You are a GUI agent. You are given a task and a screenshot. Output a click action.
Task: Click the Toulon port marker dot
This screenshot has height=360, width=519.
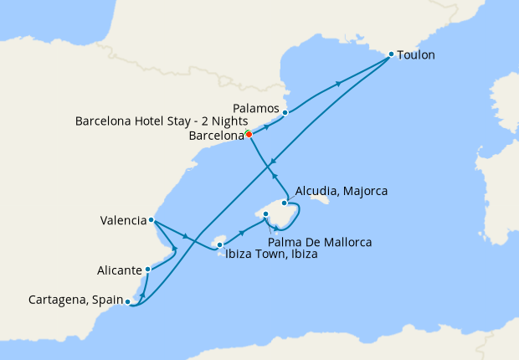391,54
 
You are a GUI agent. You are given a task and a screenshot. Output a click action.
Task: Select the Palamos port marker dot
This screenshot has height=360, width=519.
285,112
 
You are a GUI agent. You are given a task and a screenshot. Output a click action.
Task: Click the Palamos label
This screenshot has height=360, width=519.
256,106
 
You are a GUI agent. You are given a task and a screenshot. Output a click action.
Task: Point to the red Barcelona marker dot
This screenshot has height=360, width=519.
249,134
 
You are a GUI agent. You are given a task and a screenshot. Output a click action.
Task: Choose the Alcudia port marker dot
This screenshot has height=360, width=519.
285,203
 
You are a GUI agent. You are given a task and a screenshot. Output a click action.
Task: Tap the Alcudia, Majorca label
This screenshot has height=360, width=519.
342,192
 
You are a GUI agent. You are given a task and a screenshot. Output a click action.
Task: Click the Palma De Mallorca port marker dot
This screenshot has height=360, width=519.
265,215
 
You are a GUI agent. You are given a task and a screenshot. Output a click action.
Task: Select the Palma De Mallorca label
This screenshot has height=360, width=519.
321,242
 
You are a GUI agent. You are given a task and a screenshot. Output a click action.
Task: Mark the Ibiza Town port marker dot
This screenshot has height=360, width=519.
219,245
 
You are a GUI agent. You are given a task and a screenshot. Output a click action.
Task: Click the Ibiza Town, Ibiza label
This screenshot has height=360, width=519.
271,255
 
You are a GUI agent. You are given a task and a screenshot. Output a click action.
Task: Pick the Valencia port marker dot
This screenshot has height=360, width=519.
151,220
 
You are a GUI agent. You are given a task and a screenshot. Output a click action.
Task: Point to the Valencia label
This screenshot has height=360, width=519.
122,221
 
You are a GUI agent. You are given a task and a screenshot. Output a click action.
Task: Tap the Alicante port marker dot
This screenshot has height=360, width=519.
147,270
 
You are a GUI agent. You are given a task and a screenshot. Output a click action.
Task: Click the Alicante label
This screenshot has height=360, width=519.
120,270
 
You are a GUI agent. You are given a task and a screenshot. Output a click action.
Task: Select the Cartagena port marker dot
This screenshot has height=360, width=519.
127,301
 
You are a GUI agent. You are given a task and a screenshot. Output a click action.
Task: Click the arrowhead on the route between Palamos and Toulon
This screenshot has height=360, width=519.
339,82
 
